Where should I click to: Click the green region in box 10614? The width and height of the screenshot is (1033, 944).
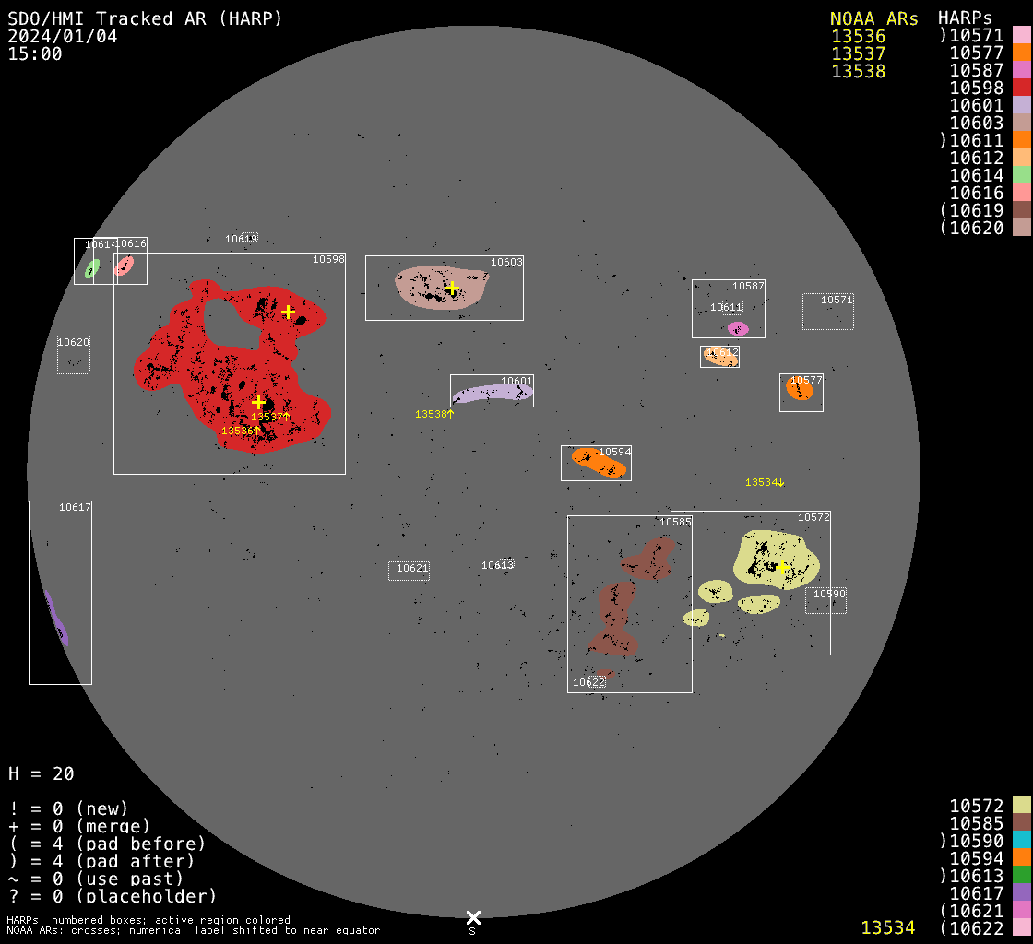tap(92, 268)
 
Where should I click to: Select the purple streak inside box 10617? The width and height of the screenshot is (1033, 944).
tap(57, 619)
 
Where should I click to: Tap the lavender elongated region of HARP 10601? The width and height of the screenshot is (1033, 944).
tap(492, 393)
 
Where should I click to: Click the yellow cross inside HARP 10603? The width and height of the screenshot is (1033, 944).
tap(452, 289)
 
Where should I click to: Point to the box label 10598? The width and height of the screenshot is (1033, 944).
tap(328, 259)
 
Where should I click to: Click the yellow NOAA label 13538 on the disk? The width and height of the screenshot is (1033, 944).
tap(434, 414)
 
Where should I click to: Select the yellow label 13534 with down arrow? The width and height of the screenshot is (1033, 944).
tap(765, 482)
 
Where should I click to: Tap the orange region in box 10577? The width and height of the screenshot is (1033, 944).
tap(800, 390)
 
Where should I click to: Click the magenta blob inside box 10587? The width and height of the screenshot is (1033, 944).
tap(738, 328)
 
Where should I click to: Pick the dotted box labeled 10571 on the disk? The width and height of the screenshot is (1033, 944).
tap(828, 312)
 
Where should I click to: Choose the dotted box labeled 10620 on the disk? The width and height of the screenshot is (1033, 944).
tap(74, 355)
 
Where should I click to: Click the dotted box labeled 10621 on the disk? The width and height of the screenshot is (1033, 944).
tap(409, 571)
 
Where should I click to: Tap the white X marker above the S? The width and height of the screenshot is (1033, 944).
tap(473, 917)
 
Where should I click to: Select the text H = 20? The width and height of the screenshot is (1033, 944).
tap(42, 773)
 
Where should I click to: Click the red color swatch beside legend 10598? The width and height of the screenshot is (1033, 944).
tap(1021, 88)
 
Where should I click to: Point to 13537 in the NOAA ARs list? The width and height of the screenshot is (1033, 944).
tap(858, 53)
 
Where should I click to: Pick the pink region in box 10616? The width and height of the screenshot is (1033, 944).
tap(124, 266)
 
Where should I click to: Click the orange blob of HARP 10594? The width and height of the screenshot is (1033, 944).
tap(599, 462)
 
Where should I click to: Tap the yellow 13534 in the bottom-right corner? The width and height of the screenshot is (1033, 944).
tap(887, 927)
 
